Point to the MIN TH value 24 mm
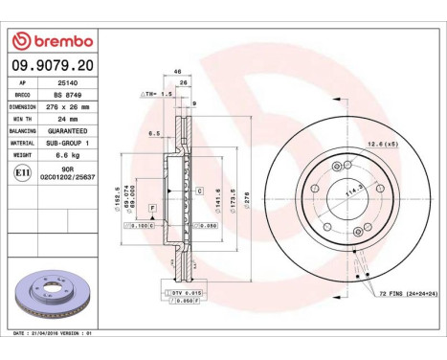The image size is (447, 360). tap(62, 119)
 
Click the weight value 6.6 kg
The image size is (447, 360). tap(64, 153)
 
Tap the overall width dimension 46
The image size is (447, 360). tap(178, 73)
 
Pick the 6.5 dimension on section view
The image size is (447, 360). tap(153, 134)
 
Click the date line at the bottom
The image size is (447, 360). tap(56, 332)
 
